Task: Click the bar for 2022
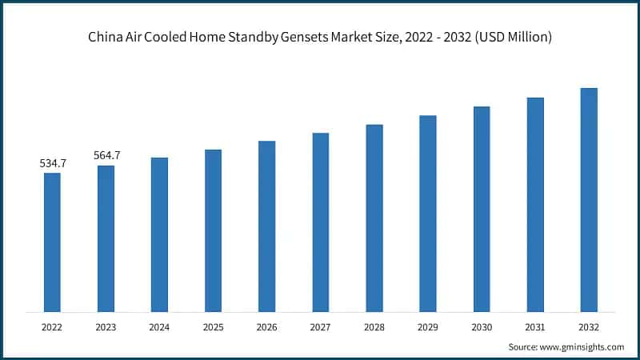point(52,242)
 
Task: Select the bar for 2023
point(106,238)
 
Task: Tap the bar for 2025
point(213,230)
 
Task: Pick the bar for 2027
point(320,222)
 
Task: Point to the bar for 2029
point(428,214)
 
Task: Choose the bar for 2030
point(482,209)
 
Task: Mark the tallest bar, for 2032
point(589,200)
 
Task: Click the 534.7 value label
point(53,163)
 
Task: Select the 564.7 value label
point(106,155)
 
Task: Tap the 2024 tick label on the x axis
point(159,327)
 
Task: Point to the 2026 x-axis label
point(266,327)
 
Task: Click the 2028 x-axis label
point(374,327)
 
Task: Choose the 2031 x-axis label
point(535,327)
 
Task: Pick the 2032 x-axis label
point(589,327)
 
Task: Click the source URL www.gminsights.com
point(582,346)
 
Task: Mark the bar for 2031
point(535,205)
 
